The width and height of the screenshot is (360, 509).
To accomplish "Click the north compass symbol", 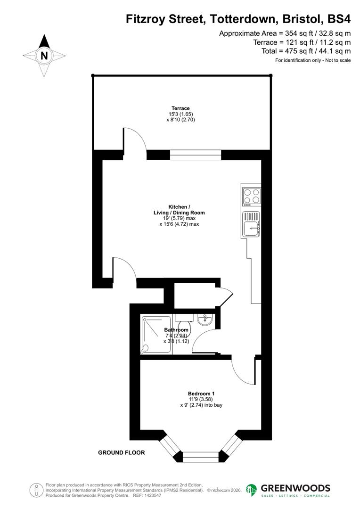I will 44,56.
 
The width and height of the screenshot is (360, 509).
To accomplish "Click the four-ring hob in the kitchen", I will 252,196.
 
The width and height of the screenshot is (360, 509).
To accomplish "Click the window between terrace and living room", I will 195,155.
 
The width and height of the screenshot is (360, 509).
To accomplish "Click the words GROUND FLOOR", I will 121,452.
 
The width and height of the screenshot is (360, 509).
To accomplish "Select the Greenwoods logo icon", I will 252,490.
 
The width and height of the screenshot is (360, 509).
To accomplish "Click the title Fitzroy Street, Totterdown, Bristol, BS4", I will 238,19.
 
